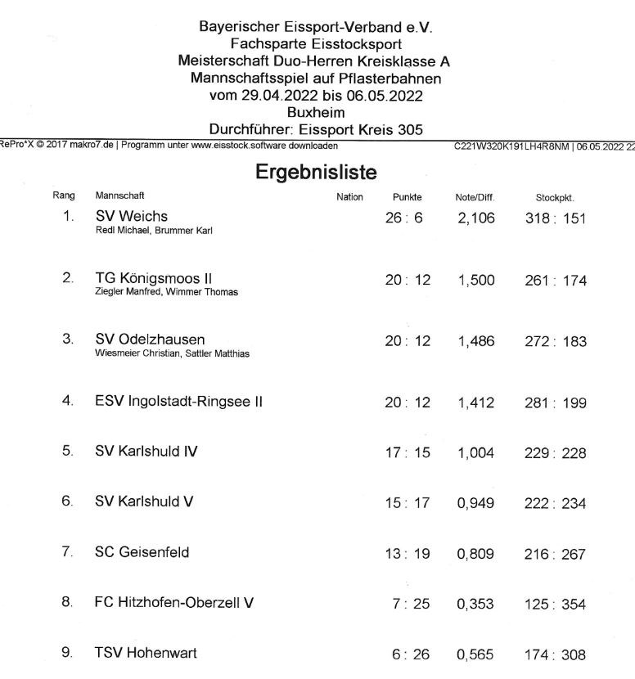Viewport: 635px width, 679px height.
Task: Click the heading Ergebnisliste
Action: pyautogui.click(x=316, y=173)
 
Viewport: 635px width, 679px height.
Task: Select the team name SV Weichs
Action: pyautogui.click(x=131, y=216)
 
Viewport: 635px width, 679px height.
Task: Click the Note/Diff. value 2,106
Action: pyautogui.click(x=476, y=218)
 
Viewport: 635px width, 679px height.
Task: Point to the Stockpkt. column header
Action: pyautogui.click(x=555, y=197)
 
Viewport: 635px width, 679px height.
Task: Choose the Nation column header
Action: pyautogui.click(x=349, y=197)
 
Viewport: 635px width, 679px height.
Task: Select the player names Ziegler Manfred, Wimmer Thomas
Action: pyautogui.click(x=167, y=293)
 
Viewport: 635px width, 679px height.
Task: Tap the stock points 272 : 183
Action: pyautogui.click(x=556, y=341)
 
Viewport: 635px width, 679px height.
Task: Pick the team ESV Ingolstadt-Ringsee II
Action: pyautogui.click(x=178, y=402)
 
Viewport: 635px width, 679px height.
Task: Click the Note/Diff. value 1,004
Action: pyautogui.click(x=476, y=452)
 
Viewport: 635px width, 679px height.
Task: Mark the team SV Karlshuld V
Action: pyautogui.click(x=144, y=501)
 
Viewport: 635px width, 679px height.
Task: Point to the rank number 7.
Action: pyautogui.click(x=68, y=552)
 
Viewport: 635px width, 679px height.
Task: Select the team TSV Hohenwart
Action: pyautogui.click(x=146, y=653)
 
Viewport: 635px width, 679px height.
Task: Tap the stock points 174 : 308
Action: pyautogui.click(x=556, y=654)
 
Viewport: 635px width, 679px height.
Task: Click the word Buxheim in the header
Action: pyautogui.click(x=316, y=112)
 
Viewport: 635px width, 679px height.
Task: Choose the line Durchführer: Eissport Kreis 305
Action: pyautogui.click(x=316, y=128)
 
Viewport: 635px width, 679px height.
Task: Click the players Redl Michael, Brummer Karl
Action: pyautogui.click(x=154, y=231)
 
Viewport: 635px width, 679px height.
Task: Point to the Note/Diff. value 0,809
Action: pyautogui.click(x=476, y=554)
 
